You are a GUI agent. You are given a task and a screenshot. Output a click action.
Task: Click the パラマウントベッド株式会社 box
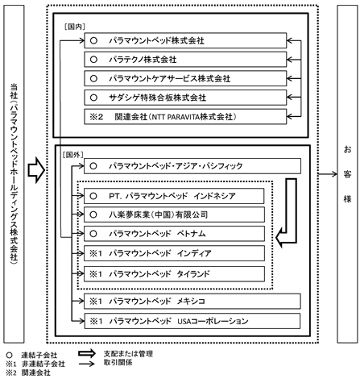[185, 40]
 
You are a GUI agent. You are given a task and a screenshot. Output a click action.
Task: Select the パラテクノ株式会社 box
[185, 60]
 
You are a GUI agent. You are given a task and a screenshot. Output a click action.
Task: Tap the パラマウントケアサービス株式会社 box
[185, 78]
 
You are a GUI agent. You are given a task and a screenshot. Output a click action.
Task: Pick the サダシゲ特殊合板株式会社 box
[185, 98]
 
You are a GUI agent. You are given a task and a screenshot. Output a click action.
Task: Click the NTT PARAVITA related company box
[185, 117]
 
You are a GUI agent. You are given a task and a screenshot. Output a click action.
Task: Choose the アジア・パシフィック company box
[192, 166]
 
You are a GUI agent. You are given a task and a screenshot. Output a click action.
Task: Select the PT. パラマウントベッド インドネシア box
[174, 196]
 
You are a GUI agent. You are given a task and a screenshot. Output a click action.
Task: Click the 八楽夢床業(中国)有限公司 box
[174, 214]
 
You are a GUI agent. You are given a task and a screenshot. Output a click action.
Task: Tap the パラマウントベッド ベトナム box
[174, 234]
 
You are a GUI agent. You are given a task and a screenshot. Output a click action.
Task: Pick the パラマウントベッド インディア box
[174, 253]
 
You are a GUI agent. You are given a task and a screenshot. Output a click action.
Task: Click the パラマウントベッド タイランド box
[174, 274]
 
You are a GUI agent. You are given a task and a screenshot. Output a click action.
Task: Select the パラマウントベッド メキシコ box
[192, 302]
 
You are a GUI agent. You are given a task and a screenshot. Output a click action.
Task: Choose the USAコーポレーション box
[192, 321]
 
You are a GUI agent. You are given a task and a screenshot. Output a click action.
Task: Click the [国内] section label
[75, 27]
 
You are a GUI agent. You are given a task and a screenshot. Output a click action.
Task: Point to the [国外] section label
[72, 155]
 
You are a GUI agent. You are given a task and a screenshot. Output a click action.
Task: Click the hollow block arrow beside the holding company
[36, 170]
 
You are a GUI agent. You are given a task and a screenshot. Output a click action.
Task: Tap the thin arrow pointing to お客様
[328, 174]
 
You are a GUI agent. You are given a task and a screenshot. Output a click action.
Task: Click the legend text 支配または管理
[128, 354]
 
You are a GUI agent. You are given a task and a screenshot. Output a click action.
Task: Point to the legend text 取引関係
[118, 363]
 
